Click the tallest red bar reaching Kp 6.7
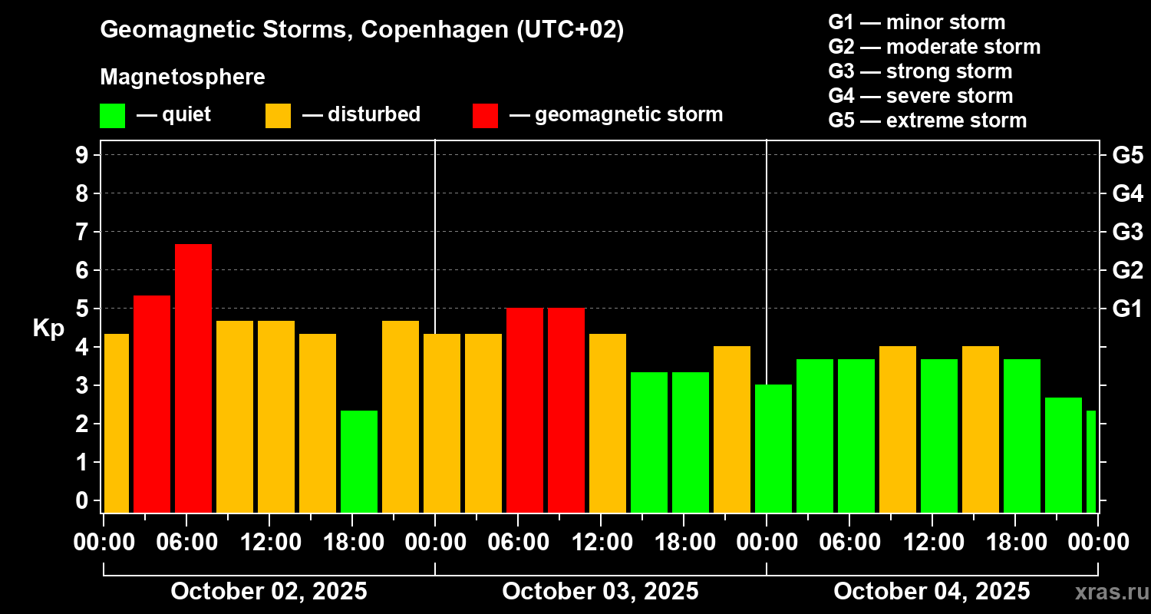pyautogui.click(x=193, y=378)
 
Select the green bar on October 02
pyautogui.click(x=359, y=461)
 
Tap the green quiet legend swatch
pyautogui.click(x=112, y=115)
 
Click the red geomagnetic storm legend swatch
pyautogui.click(x=485, y=115)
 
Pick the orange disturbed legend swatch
pyautogui.click(x=278, y=115)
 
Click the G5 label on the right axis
pyautogui.click(x=1127, y=155)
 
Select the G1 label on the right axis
pyautogui.click(x=1127, y=309)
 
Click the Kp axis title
pyautogui.click(x=48, y=328)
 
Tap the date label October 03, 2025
pyautogui.click(x=600, y=592)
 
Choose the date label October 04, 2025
pyautogui.click(x=932, y=592)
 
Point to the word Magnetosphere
pyautogui.click(x=183, y=78)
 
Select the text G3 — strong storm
pyautogui.click(x=920, y=71)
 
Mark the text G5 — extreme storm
pyautogui.click(x=927, y=120)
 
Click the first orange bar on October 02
pyautogui.click(x=117, y=423)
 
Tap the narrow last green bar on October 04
pyautogui.click(x=1090, y=461)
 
